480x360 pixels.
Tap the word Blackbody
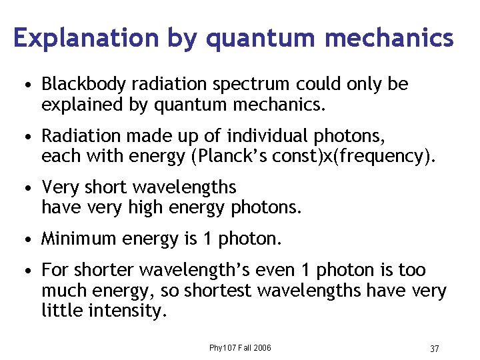(x=84, y=85)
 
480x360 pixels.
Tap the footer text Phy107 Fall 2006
(x=240, y=348)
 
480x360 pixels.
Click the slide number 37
(x=434, y=349)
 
